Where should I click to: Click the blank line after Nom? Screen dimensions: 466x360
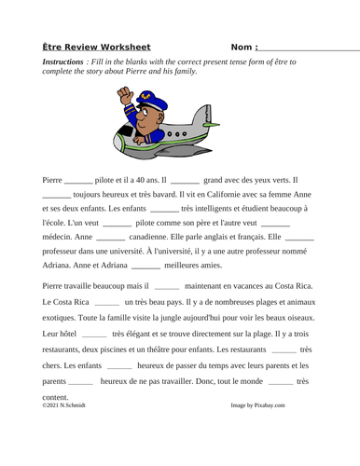(308, 47)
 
